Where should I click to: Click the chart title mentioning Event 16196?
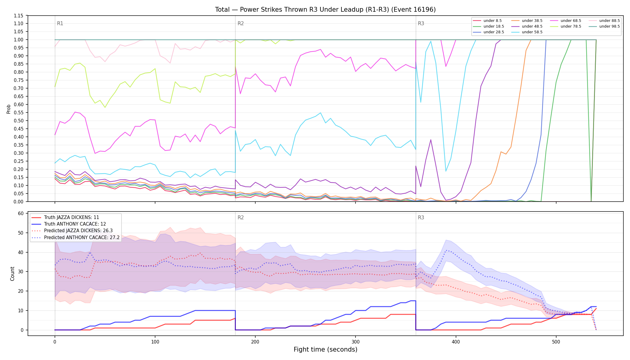pos(325,10)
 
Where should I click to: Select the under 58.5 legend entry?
pos(527,32)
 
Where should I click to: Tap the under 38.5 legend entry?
pos(527,21)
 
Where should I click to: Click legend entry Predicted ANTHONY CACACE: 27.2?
pos(75,238)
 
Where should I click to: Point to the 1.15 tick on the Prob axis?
pos(19,16)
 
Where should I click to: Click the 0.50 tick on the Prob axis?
pos(19,121)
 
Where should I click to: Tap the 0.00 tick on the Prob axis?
pos(19,202)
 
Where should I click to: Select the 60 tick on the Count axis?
pos(21,214)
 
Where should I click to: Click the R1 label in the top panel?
pos(60,23)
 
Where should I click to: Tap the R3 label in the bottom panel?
pos(421,217)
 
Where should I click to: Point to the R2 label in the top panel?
pos(241,23)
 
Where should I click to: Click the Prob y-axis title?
pos(9,109)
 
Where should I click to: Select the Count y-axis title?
pos(12,274)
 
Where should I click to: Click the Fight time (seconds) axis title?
pos(325,349)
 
